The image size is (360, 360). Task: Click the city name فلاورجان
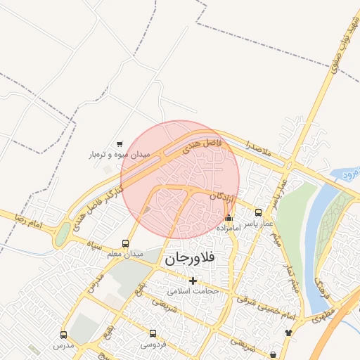pos(192,259)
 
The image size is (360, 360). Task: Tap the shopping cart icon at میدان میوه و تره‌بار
pos(119,143)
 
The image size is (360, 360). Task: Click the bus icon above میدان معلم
pos(126,243)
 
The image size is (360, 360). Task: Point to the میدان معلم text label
pos(129,253)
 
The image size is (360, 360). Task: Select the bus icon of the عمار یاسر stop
pos(258,212)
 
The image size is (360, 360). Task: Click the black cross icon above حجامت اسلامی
pos(193,281)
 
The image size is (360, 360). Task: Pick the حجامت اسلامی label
pos(193,290)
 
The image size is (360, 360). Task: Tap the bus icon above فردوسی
pos(153,333)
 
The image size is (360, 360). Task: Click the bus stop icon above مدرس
pos(64,335)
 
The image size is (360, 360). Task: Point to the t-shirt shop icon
pos(288,332)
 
